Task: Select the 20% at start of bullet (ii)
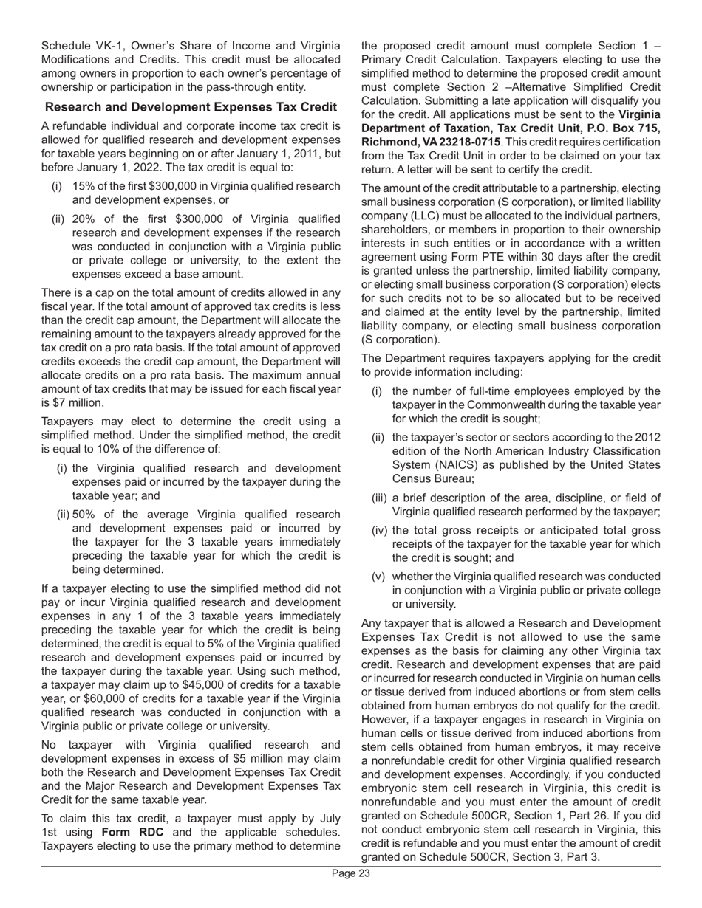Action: click(x=85, y=219)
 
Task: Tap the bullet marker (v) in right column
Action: click(x=381, y=577)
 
